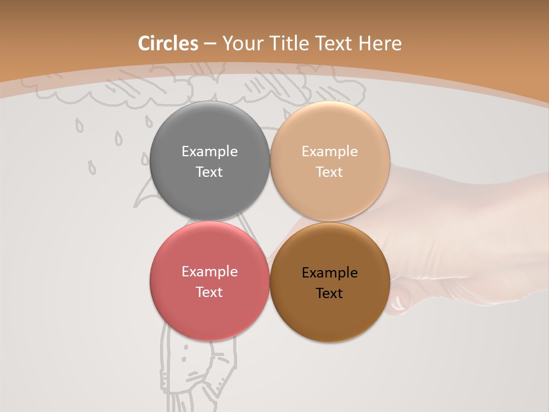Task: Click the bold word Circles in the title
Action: pyautogui.click(x=168, y=43)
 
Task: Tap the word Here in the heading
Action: pyautogui.click(x=380, y=43)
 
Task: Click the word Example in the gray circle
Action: pyautogui.click(x=209, y=152)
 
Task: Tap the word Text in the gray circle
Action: pyautogui.click(x=209, y=172)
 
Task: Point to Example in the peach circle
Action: pyautogui.click(x=329, y=152)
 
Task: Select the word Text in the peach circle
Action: pyautogui.click(x=329, y=172)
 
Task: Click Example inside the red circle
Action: pyautogui.click(x=209, y=272)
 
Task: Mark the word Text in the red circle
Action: pyautogui.click(x=209, y=292)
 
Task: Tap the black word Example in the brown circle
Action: pyautogui.click(x=329, y=273)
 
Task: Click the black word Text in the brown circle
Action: pyautogui.click(x=329, y=293)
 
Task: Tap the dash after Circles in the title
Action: pyautogui.click(x=210, y=44)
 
